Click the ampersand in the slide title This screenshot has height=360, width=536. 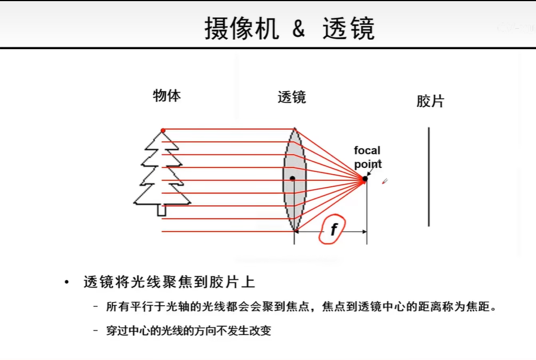click(299, 28)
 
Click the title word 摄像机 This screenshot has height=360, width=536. click(241, 28)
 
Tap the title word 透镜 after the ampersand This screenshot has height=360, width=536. click(348, 28)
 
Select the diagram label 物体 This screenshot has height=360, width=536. click(167, 96)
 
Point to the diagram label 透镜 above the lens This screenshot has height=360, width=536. click(292, 97)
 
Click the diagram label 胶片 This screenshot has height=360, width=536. click(430, 101)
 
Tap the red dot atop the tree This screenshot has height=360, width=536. click(163, 131)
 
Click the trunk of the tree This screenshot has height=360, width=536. click(162, 210)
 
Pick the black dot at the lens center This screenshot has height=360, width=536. click(292, 178)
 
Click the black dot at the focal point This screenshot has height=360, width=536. click(365, 178)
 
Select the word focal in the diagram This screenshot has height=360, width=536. click(367, 150)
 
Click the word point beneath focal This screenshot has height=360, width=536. click(368, 164)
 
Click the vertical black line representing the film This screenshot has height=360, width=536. click(429, 176)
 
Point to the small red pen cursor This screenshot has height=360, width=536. click(384, 181)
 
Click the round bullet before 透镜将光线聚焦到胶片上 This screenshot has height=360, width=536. click(67, 282)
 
